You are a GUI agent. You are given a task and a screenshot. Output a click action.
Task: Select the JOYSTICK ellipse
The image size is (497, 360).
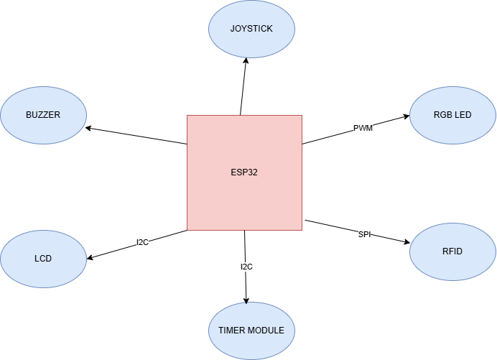point(251,29)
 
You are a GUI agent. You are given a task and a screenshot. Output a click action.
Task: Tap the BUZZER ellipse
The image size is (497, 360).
point(43,115)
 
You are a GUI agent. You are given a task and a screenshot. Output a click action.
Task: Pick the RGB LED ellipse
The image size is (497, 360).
point(452,115)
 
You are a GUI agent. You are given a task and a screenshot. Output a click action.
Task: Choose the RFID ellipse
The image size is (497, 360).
point(452,251)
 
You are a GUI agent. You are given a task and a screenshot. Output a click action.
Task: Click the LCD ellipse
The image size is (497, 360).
point(43,259)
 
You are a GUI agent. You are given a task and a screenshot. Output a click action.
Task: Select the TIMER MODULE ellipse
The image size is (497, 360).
point(251,331)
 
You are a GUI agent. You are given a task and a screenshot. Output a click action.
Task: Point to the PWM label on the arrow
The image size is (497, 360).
point(363,128)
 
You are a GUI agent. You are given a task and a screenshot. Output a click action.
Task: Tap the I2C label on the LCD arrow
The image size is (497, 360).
point(142,242)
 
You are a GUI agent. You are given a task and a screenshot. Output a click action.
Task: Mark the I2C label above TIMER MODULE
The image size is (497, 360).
point(246,267)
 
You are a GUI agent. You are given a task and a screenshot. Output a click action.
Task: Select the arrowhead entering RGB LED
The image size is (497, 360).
point(406,116)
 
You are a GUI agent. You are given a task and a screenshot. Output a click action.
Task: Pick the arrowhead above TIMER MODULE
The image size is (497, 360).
point(246,300)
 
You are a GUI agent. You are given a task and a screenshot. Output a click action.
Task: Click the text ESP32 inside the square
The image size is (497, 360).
point(244,172)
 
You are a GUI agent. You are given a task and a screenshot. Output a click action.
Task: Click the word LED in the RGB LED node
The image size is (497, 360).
point(463,115)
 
